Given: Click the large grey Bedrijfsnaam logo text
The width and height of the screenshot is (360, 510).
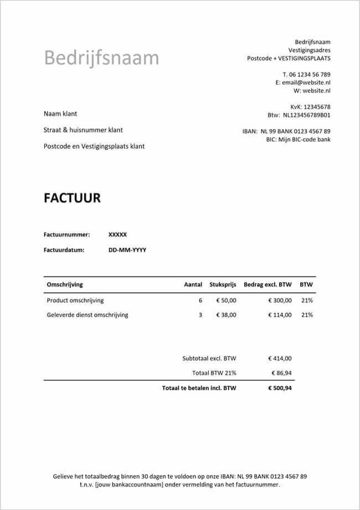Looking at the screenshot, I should [x=101, y=58].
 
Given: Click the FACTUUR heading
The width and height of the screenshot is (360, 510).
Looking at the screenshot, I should [x=72, y=198].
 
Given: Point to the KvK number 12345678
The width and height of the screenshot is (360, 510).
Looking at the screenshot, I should [x=317, y=107].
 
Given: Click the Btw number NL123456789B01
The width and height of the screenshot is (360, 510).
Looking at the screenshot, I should [x=307, y=115].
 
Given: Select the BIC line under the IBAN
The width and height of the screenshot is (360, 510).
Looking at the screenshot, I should [x=299, y=140].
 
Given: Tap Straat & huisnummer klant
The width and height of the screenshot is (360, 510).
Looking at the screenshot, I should [x=83, y=130].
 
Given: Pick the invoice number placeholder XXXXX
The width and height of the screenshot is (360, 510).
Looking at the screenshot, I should [x=118, y=234].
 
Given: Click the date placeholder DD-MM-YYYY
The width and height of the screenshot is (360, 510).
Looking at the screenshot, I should [x=127, y=250].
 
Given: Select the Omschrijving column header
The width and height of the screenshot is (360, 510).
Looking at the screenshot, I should [x=65, y=284].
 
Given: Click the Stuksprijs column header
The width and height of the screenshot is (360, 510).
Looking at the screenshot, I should [x=223, y=284].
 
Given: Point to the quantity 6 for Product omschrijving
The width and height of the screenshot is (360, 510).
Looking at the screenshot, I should [x=200, y=300].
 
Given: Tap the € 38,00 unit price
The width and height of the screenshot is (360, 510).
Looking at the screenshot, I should [x=225, y=315].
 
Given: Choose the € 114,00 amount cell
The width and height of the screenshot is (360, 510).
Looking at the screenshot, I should [x=280, y=315].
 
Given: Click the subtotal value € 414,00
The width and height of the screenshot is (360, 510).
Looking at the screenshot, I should [x=280, y=358].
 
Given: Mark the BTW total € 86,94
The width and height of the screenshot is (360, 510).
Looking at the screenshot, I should [x=282, y=373].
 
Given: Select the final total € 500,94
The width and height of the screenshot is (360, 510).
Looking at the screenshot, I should [x=280, y=388].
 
